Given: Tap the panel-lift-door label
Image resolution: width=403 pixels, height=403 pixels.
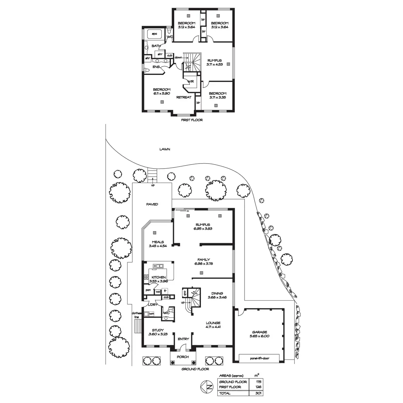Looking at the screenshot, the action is pos(259,358).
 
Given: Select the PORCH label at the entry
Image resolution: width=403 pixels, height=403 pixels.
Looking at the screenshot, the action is pos(183,357).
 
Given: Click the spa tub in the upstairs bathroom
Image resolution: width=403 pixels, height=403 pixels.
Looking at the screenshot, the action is pos(154,34).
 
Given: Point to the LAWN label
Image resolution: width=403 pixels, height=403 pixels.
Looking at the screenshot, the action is pos(165,149).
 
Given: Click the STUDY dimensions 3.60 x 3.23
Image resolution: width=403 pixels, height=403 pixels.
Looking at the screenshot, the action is pos(158,334).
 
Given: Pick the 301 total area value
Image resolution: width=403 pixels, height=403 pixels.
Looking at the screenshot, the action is pos(258,393).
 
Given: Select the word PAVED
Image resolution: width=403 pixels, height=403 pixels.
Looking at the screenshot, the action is pos(152,204).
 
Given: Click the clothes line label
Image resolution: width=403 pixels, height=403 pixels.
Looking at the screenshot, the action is pos(136,315).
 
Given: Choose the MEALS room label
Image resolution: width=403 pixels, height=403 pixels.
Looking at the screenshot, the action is pos(158,242).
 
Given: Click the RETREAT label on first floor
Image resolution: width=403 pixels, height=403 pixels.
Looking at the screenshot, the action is pos(184,97).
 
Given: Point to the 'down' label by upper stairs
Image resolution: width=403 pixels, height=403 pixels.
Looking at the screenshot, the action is pos(178,57).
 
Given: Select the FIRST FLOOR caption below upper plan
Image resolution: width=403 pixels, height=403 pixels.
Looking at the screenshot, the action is pos(192,120).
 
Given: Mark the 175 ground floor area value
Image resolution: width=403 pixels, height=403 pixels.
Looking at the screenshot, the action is pos(258,382).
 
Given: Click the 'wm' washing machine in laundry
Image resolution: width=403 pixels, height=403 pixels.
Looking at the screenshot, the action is pos(151,314).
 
